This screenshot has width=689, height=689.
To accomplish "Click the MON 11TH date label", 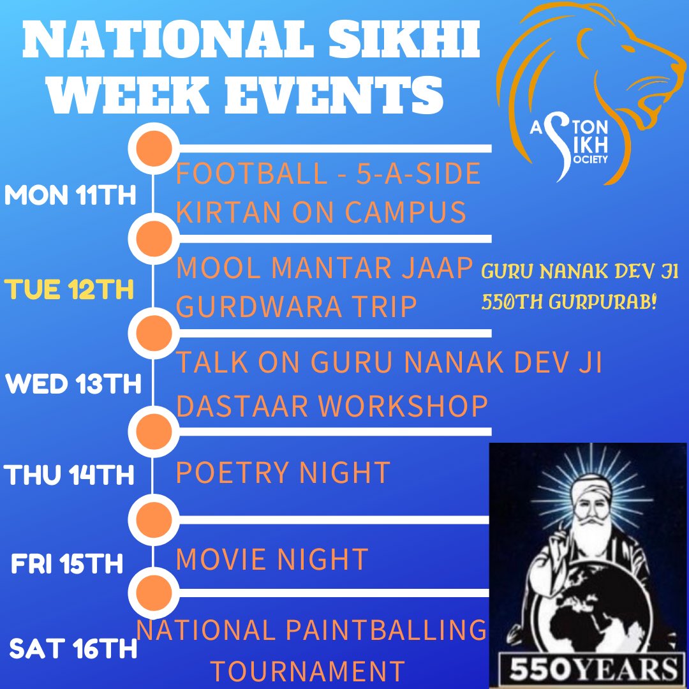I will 70,195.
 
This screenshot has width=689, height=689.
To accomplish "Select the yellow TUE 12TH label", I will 70,290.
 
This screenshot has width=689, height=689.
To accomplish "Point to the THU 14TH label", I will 70,475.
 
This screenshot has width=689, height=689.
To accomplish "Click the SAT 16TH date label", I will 73,650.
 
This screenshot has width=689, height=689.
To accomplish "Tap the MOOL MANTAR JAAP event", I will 323,268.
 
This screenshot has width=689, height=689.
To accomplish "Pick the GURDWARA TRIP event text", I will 296,307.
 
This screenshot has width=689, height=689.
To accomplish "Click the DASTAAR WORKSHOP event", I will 332,405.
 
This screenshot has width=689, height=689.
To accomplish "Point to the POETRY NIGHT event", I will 282,473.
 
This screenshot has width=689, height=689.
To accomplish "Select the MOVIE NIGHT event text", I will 272,559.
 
